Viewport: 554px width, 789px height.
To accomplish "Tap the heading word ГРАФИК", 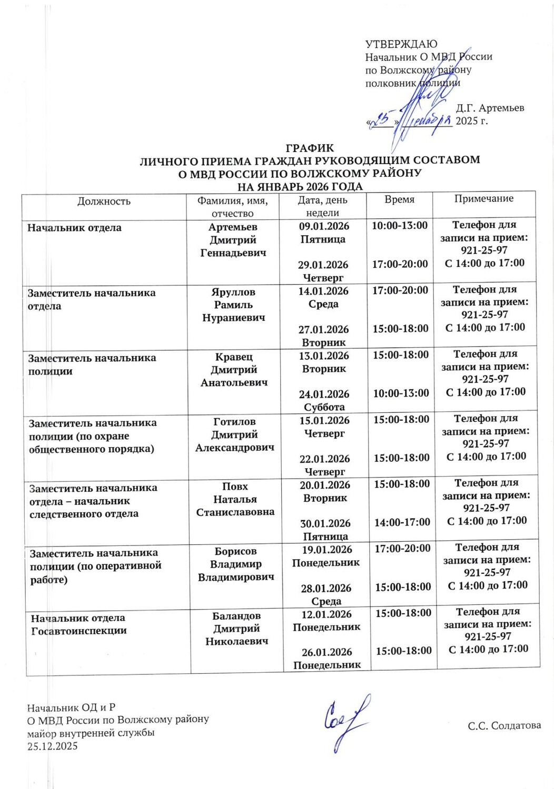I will [310, 148].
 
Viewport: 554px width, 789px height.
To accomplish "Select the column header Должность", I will [104, 201].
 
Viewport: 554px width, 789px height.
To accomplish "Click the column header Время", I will [399, 199].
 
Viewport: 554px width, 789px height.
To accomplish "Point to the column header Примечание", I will [483, 198].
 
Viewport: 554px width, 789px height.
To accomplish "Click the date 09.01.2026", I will [324, 226].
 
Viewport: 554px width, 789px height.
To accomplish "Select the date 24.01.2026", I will [324, 394].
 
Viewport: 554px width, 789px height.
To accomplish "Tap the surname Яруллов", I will [233, 292].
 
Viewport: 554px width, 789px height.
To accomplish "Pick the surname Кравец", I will [234, 357].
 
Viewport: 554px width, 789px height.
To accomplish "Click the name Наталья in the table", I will [235, 499].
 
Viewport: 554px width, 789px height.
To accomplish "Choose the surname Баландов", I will [236, 615].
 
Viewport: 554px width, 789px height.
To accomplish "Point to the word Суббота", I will [324, 407].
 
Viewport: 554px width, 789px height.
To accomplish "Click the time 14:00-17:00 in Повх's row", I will [402, 522].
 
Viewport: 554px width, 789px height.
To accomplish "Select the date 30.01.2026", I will [325, 523].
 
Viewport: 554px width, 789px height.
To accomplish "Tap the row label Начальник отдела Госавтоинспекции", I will [78, 624].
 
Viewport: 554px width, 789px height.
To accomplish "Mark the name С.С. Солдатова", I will [504, 726].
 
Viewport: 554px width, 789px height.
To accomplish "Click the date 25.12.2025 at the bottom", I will [53, 746].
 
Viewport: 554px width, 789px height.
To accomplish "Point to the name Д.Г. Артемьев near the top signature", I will [490, 108].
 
